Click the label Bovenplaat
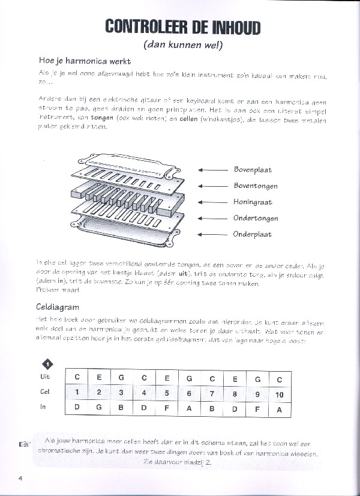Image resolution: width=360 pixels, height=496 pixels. [x=253, y=170]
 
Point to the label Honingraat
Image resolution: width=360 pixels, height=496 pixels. [x=253, y=202]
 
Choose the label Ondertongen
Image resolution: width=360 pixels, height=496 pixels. [x=255, y=218]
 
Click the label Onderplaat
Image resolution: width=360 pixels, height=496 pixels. [x=253, y=234]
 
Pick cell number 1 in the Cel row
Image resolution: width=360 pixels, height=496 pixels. [x=77, y=393]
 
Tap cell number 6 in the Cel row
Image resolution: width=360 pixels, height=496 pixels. [x=190, y=393]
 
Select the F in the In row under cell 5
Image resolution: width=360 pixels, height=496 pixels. [x=167, y=408]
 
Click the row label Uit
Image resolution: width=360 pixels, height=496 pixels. [x=45, y=377]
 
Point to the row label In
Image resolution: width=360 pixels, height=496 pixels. [x=43, y=408]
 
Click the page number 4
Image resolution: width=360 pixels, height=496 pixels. [x=20, y=478]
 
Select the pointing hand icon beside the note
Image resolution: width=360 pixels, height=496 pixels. [x=25, y=444]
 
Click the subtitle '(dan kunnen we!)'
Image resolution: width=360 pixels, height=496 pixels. [x=182, y=44]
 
